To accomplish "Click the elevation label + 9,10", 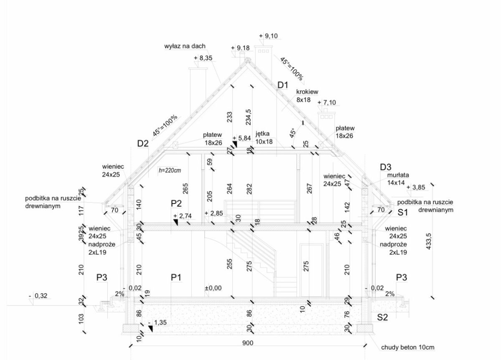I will click(268, 36).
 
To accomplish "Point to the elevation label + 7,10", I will click(327, 103).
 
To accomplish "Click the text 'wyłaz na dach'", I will click(185, 46).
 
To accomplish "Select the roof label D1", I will click(283, 86).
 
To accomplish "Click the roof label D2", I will click(143, 144).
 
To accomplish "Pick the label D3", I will click(386, 167).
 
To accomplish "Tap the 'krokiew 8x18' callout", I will click(307, 96).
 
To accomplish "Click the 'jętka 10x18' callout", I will click(264, 138).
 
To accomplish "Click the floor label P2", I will click(177, 203).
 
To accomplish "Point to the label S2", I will click(383, 317).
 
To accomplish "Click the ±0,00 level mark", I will click(213, 288).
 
